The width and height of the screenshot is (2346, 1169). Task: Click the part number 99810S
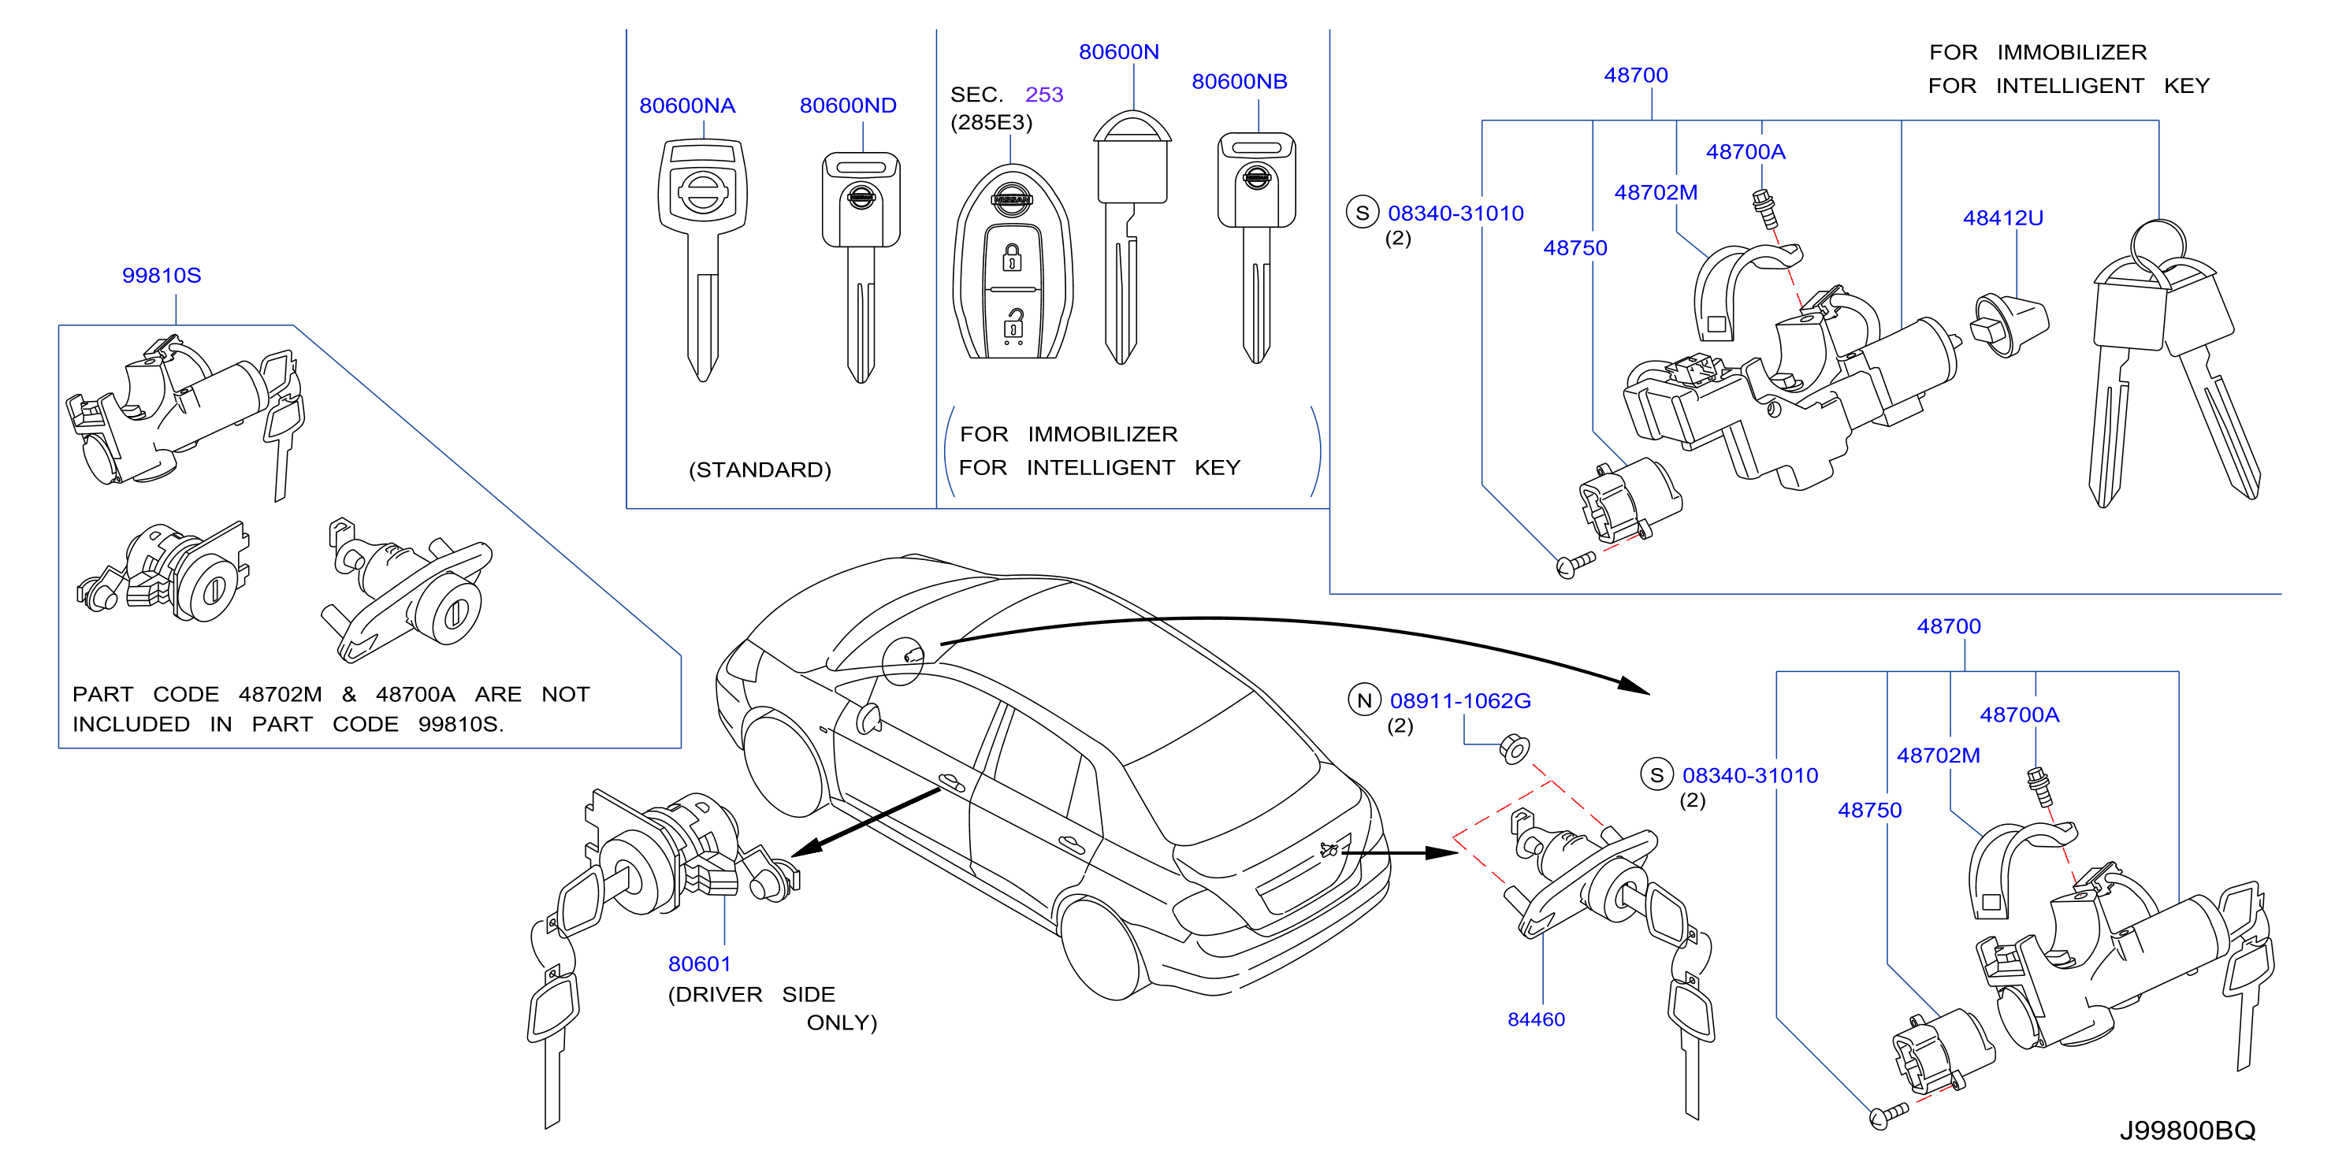[162, 275]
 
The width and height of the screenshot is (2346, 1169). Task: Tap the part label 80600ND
[848, 106]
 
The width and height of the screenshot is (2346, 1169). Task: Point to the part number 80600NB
[1240, 81]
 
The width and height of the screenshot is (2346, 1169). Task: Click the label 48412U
[2002, 217]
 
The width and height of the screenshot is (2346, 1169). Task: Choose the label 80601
[700, 963]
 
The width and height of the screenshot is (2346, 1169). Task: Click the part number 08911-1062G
[1460, 700]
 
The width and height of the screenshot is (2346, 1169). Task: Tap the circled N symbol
[1364, 700]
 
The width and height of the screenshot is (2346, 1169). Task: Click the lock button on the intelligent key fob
[1012, 258]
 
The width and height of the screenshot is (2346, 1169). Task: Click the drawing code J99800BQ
[2188, 1130]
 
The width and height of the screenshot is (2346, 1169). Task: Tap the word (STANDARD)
[760, 469]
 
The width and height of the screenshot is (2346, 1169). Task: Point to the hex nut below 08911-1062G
[1514, 749]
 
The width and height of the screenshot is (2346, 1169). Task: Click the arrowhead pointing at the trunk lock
[1441, 853]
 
